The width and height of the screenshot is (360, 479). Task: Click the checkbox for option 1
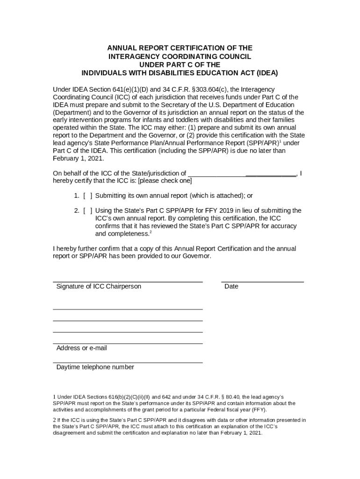click(x=87, y=196)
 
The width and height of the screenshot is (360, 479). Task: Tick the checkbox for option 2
click(x=87, y=210)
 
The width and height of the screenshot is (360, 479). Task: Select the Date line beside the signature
click(x=262, y=282)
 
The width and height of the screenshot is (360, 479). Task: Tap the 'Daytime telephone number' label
click(x=95, y=367)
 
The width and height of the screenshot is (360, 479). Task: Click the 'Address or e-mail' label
click(x=81, y=348)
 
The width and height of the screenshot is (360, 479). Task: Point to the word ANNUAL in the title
click(x=121, y=48)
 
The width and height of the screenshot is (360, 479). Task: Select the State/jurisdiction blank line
click(x=242, y=175)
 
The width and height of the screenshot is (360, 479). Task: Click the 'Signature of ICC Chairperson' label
click(x=99, y=286)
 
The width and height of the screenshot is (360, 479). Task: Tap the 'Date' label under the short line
click(x=231, y=286)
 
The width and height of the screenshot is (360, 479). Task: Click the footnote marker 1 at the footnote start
click(x=54, y=398)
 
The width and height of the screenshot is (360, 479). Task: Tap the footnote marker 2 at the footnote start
click(x=54, y=420)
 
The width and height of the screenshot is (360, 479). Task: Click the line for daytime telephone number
click(x=128, y=362)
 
